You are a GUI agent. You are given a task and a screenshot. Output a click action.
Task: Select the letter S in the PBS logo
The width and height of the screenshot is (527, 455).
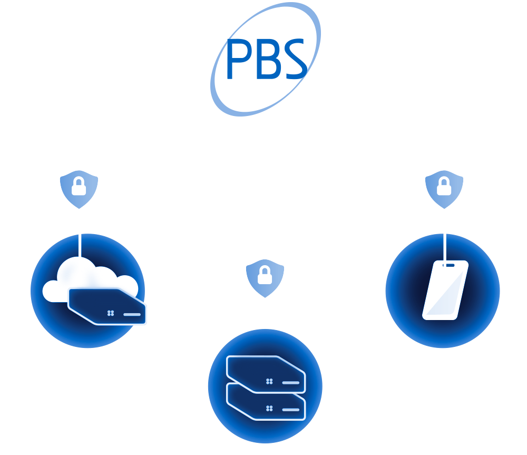[x=294, y=59]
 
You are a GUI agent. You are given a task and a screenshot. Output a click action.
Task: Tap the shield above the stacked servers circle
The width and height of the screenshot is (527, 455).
[x=265, y=277]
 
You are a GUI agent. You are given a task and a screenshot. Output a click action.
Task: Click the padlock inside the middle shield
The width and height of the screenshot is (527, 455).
[x=265, y=275]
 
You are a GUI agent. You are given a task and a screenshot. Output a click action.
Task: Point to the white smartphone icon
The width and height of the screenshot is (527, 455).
[x=445, y=291]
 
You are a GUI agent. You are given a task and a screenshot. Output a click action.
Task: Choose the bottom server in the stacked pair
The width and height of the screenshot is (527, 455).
[x=266, y=403]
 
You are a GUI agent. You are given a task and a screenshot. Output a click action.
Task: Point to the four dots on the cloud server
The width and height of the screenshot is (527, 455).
[x=111, y=313]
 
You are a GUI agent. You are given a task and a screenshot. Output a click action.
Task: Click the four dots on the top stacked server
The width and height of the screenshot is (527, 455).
[x=269, y=381]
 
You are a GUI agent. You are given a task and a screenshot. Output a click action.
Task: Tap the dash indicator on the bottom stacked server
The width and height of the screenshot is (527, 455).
[x=291, y=409]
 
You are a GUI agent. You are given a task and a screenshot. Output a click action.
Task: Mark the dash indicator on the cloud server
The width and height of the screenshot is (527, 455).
[x=132, y=314]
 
